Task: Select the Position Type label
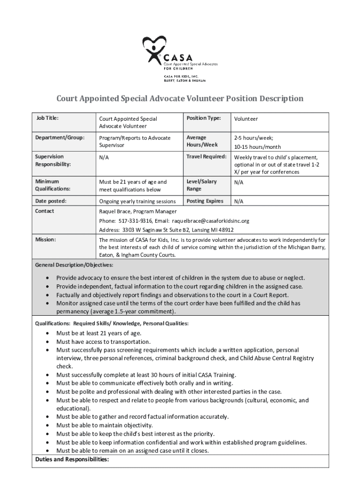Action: (x=203, y=118)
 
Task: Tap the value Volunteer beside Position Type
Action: (x=246, y=119)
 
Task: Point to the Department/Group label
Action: (x=60, y=138)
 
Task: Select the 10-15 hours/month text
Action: (x=258, y=147)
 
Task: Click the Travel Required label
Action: (x=207, y=156)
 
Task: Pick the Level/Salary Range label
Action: (x=202, y=185)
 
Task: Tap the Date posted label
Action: (x=51, y=201)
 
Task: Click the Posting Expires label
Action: (x=205, y=201)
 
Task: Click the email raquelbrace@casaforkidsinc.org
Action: (x=211, y=221)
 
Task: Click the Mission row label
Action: (x=46, y=239)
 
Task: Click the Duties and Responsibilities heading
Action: (x=72, y=459)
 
